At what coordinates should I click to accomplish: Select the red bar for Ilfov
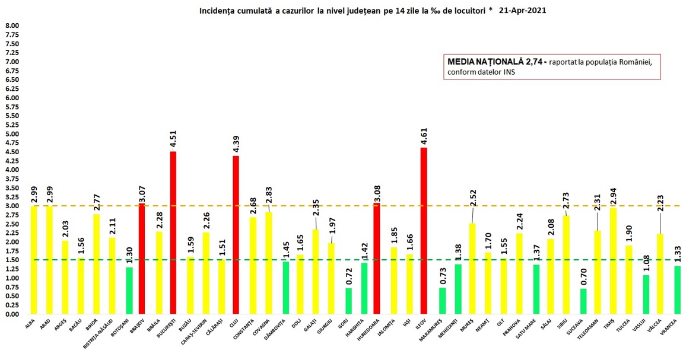pyautogui.click(x=424, y=231)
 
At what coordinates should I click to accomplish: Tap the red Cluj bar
pyautogui.click(x=236, y=235)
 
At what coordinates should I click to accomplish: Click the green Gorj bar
pyautogui.click(x=348, y=301)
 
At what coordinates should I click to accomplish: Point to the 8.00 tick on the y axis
pyautogui.click(x=12, y=26)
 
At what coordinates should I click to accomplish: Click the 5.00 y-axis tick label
pyautogui.click(x=12, y=134)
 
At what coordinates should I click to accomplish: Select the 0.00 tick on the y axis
pyautogui.click(x=12, y=314)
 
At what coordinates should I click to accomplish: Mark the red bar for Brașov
pyautogui.click(x=142, y=259)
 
